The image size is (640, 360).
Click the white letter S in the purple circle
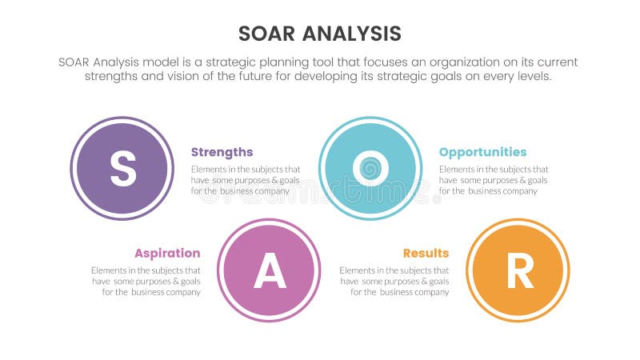(x=122, y=169)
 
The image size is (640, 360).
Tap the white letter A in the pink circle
(x=270, y=272)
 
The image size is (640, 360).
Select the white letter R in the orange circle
(x=518, y=272)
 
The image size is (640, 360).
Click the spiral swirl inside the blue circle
(x=370, y=169)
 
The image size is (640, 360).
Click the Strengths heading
(x=222, y=152)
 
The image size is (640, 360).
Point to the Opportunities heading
(x=482, y=152)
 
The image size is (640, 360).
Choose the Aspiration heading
(x=167, y=254)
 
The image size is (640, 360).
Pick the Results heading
(x=426, y=254)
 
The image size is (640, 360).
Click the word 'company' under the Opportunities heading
(x=520, y=191)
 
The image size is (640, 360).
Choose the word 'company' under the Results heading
(x=431, y=293)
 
